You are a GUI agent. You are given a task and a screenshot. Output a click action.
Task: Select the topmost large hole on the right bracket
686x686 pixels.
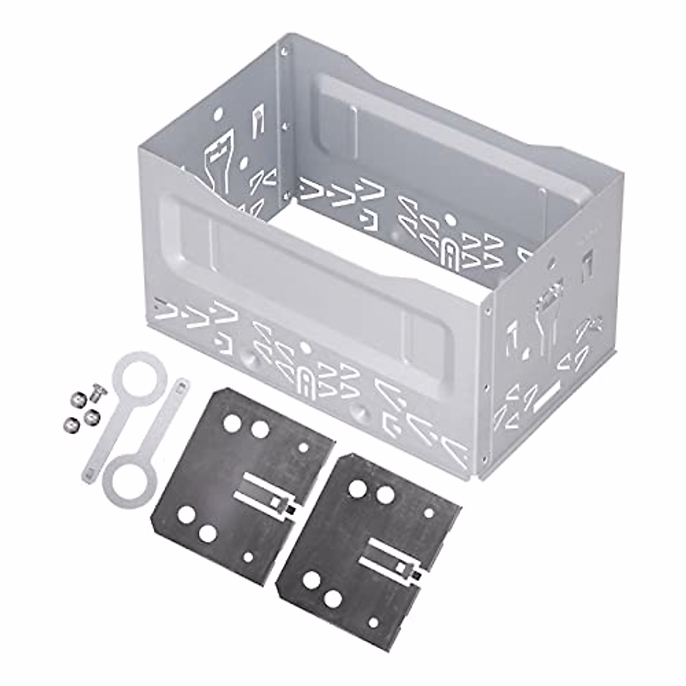point(358,488)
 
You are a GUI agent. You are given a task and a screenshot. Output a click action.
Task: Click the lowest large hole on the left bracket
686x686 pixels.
point(208,533)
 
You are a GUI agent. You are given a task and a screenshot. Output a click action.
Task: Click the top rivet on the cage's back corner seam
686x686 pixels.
point(284,53)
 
